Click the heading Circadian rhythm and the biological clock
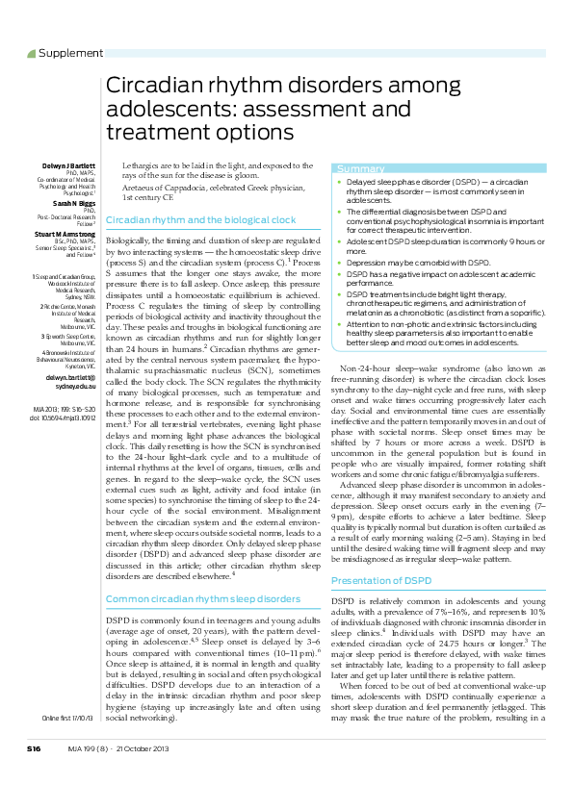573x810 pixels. click(200, 220)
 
